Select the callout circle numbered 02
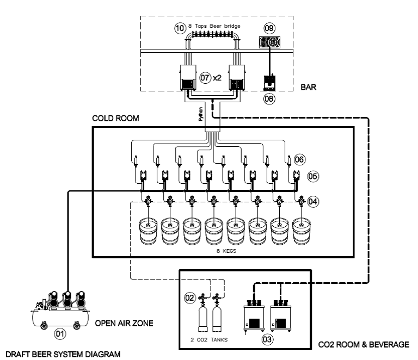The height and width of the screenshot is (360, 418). click(190, 298)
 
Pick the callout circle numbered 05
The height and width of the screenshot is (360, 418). click(314, 176)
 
